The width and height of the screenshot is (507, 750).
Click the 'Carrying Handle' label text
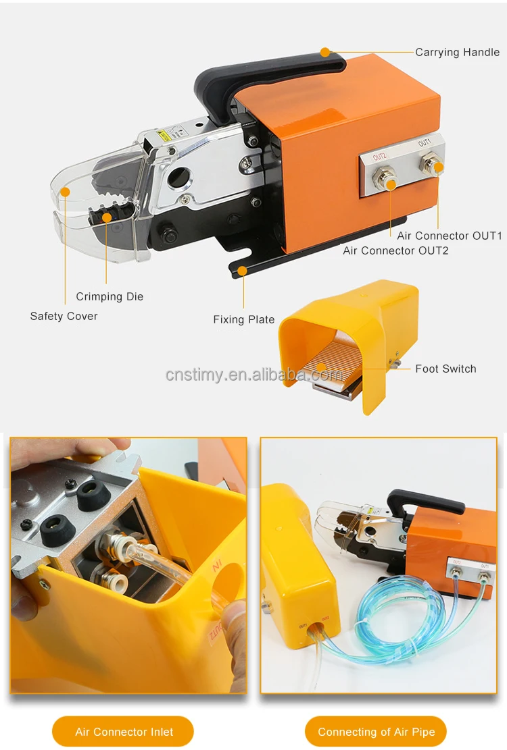pyautogui.click(x=457, y=52)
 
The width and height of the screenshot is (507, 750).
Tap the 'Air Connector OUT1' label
pyautogui.click(x=450, y=236)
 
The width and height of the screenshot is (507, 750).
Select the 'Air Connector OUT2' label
pyautogui.click(x=395, y=250)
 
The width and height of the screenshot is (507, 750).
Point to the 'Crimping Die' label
pyautogui.click(x=110, y=296)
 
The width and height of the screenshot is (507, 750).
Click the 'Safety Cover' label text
pyautogui.click(x=64, y=316)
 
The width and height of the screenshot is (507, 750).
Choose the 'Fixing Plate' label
pyautogui.click(x=244, y=319)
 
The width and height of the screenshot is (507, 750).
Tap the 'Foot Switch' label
pyautogui.click(x=445, y=369)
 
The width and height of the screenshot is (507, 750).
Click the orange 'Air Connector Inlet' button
pyautogui.click(x=123, y=732)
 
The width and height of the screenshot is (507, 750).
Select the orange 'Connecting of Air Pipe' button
pyautogui.click(x=376, y=732)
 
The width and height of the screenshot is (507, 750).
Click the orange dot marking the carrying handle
pyautogui.click(x=325, y=52)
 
